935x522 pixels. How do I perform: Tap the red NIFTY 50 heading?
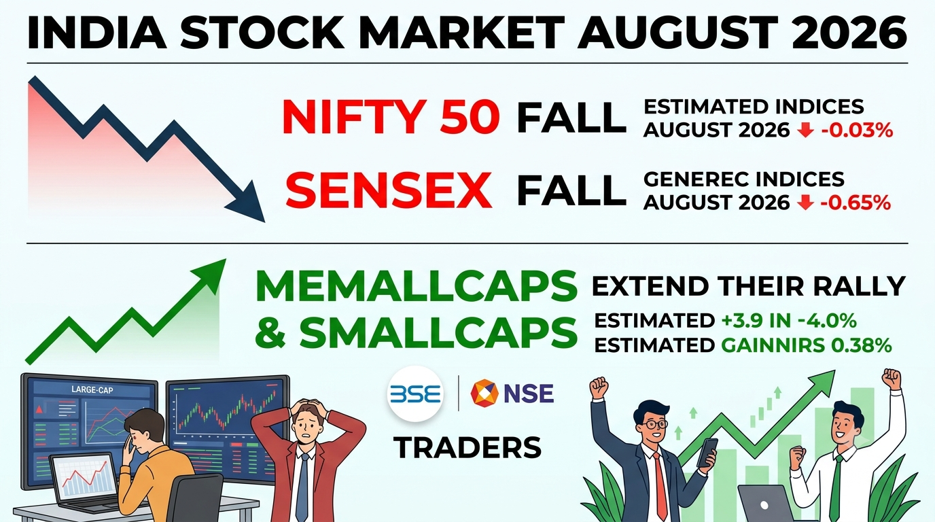(391, 116)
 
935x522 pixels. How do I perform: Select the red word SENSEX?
(388, 190)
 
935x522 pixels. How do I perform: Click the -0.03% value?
(857, 130)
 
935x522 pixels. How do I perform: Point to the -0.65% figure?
(855, 203)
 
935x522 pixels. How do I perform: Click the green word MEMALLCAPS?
(416, 286)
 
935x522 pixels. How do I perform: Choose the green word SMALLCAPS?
(438, 332)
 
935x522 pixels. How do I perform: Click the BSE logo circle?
(415, 394)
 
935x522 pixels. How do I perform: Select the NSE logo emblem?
(484, 393)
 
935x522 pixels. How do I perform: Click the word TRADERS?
(467, 448)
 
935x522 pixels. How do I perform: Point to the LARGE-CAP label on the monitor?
(92, 389)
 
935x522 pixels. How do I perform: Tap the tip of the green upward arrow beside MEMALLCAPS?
(226, 259)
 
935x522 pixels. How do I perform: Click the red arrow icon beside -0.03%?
(805, 130)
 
